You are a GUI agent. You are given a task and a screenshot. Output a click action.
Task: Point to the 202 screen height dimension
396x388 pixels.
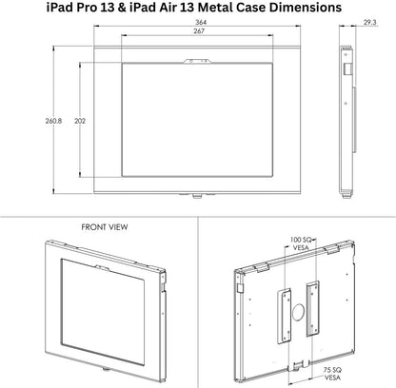(81, 122)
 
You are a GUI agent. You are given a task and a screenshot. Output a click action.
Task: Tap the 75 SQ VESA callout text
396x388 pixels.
(333, 373)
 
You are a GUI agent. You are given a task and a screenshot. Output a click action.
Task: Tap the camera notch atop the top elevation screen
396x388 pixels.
(197, 63)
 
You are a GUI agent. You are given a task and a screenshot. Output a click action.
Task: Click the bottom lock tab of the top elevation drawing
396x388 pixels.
(197, 197)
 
